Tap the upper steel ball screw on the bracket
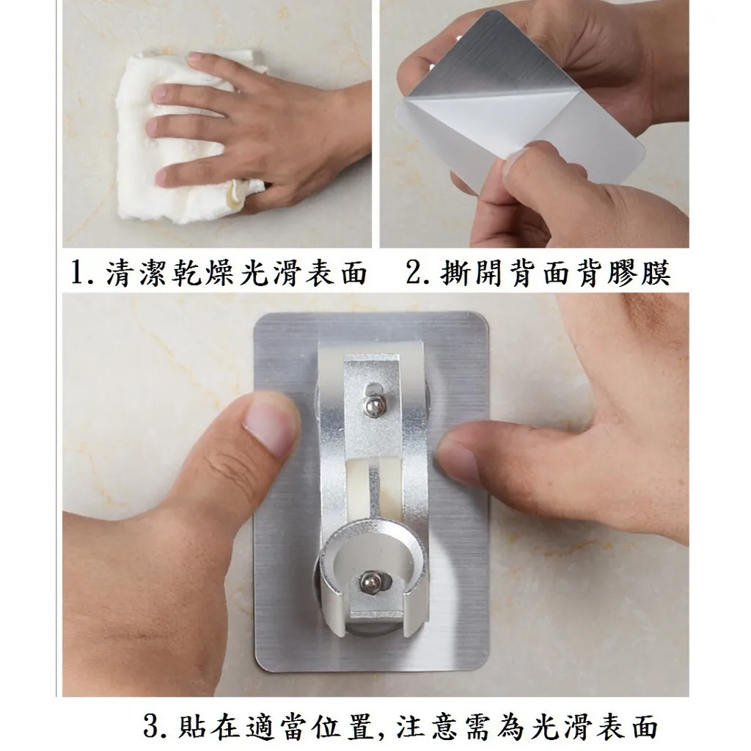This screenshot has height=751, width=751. click(x=373, y=406)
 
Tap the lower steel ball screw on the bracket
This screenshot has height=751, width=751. click(x=370, y=582)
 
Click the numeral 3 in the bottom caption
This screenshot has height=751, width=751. click(x=154, y=726)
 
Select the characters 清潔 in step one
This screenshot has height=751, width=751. click(x=139, y=274)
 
